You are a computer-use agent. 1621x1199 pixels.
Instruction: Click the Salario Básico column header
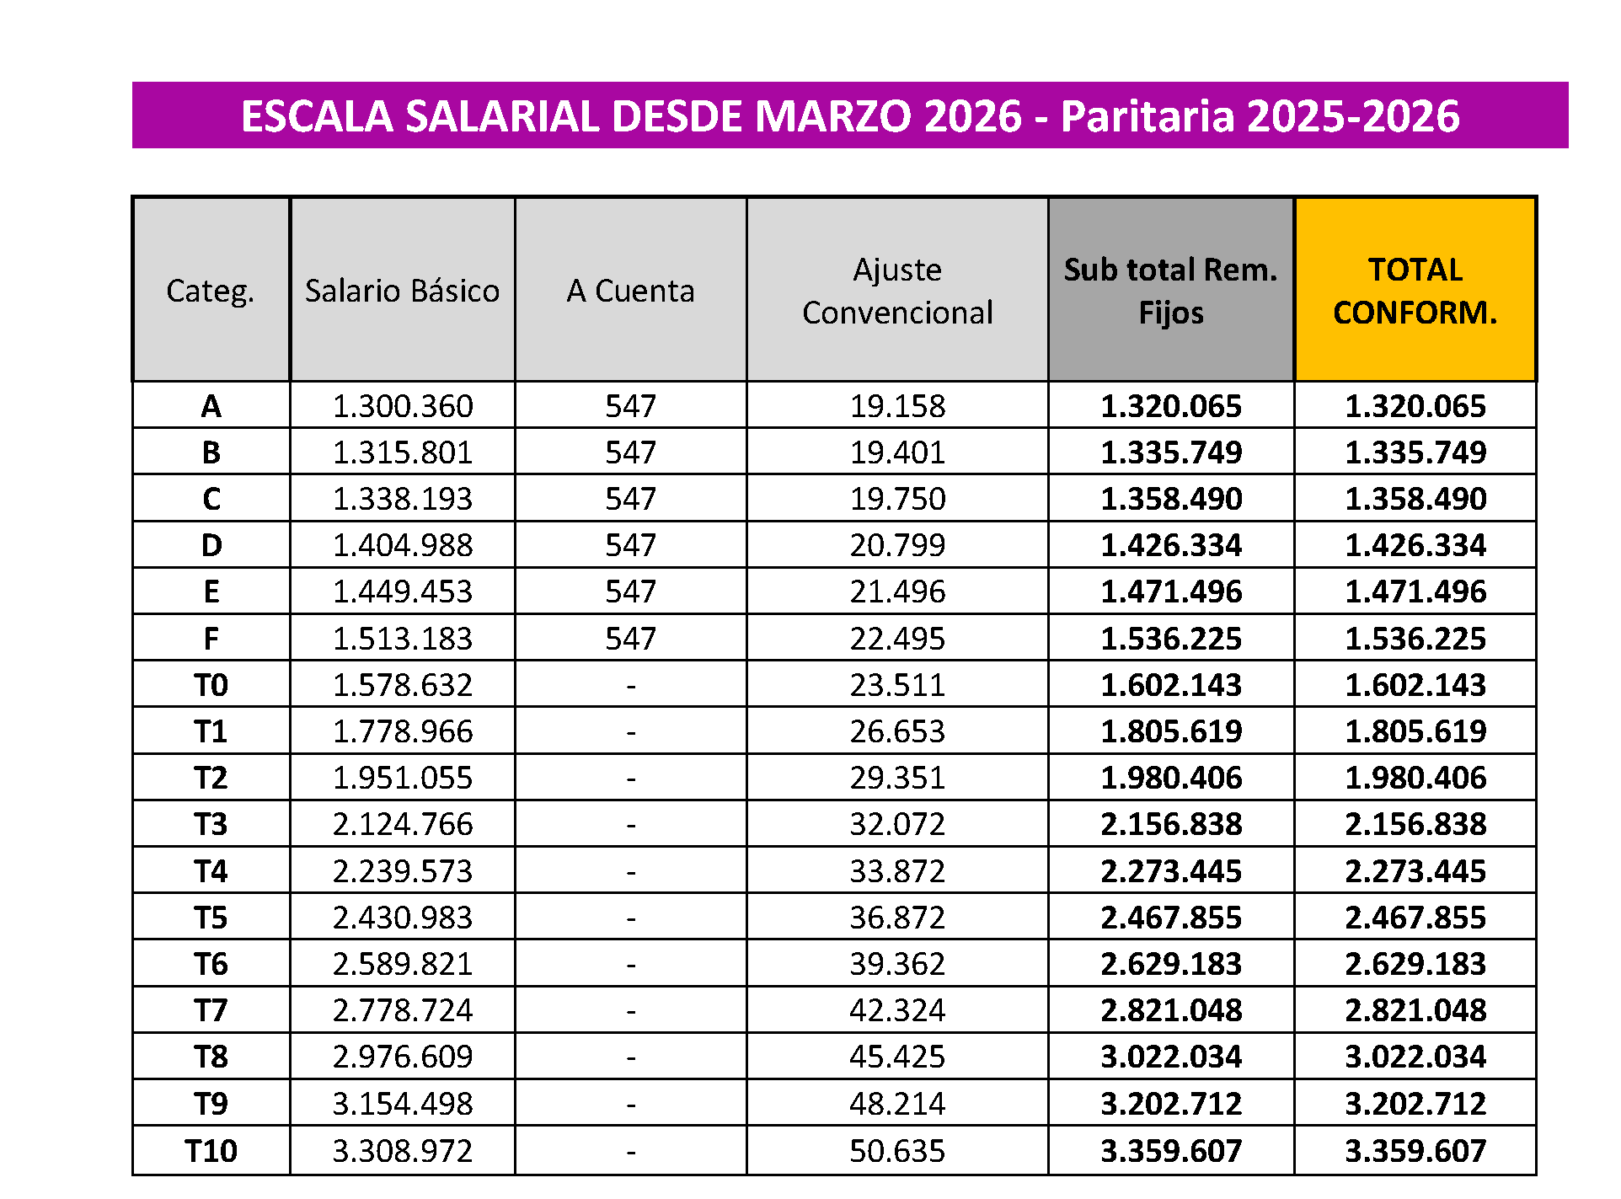402,291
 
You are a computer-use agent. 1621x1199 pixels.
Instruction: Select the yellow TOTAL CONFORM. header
1415,291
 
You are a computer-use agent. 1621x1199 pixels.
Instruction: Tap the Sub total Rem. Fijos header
1170,291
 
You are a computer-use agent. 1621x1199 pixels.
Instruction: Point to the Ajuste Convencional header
897,291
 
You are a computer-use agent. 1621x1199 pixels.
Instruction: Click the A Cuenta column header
630,291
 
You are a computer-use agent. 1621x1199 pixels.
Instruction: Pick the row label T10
211,1150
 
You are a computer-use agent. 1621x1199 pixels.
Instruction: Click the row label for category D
211,545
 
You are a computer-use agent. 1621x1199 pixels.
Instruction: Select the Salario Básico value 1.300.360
403,406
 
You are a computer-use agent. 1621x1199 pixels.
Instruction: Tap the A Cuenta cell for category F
630,639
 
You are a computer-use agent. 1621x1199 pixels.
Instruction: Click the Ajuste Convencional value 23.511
897,685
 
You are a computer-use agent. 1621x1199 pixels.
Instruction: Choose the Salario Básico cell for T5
403,918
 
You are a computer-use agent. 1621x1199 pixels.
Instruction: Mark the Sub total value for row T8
1171,1057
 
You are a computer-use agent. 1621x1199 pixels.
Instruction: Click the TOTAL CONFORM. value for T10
1415,1150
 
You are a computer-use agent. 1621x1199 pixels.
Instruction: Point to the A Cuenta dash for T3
630,825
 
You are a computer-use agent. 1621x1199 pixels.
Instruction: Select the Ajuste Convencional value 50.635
897,1150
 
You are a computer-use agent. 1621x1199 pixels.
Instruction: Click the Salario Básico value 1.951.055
403,778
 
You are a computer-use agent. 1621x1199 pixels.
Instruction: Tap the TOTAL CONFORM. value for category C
1415,499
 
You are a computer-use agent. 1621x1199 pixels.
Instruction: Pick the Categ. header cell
211,291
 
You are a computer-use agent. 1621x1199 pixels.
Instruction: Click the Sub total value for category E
1171,591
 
